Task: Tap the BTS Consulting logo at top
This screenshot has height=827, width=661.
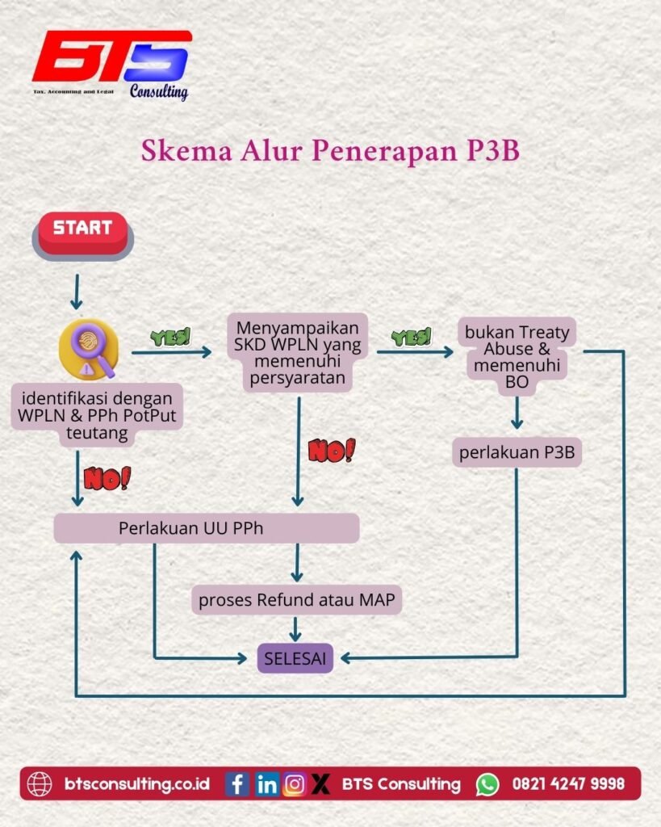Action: pos(111,65)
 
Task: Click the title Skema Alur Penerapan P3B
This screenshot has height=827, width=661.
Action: pos(330,151)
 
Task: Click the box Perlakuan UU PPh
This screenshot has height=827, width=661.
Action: pos(206,529)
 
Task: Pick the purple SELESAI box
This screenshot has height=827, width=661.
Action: pos(295,658)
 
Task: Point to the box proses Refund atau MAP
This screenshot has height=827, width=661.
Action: pos(297,601)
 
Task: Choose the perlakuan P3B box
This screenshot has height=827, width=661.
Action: pos(517,453)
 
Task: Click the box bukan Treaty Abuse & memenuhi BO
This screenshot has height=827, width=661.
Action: pos(517,356)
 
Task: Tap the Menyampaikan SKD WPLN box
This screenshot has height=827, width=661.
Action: pos(298,353)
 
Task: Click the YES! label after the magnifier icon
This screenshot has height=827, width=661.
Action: pos(170,338)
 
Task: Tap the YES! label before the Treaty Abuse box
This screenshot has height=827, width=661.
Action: pos(411,338)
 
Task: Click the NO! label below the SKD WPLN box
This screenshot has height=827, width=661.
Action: pos(331,451)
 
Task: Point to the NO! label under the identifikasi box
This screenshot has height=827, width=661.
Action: pos(107,478)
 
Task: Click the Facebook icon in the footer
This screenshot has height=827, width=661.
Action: pos(236,783)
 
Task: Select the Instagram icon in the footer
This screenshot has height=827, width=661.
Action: pos(295,783)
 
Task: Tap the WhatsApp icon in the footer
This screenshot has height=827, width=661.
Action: pos(487,783)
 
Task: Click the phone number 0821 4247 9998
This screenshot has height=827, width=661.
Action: pos(568,783)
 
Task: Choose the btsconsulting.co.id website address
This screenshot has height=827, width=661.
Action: pos(136,783)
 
